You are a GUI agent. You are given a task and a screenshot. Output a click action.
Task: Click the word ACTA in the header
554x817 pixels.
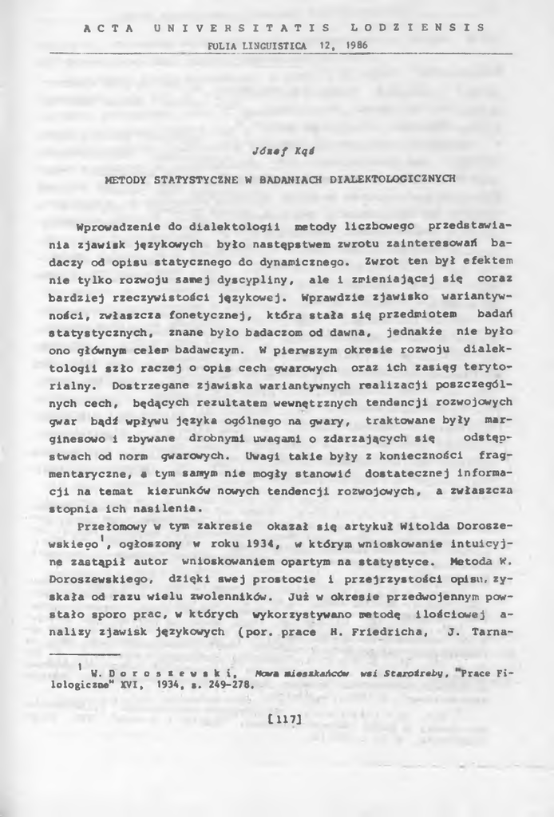(105, 27)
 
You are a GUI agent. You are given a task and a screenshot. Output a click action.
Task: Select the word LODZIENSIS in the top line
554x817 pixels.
(417, 27)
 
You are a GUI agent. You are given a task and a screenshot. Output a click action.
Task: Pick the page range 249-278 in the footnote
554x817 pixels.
(229, 684)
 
